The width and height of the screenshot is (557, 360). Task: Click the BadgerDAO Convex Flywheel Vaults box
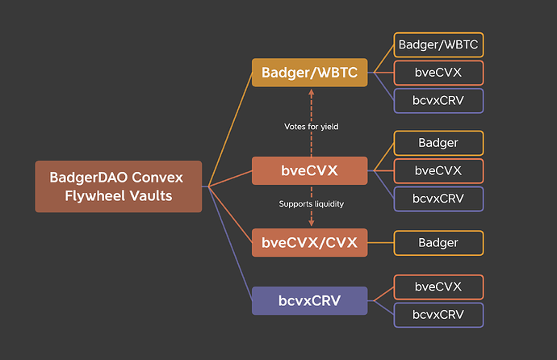click(118, 186)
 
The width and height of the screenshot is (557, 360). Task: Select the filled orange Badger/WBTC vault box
click(310, 73)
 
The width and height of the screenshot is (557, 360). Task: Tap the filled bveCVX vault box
click(310, 171)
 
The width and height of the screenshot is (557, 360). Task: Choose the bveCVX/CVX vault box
click(310, 242)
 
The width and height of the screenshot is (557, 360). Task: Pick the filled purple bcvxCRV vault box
click(310, 300)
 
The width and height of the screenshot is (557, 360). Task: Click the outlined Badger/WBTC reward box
click(438, 44)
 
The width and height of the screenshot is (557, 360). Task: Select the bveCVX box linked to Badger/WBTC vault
click(438, 73)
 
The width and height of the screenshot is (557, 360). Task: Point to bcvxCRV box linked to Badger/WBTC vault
click(438, 101)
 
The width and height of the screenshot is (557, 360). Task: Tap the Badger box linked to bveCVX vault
click(438, 143)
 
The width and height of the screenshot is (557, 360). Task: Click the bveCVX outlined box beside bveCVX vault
click(438, 170)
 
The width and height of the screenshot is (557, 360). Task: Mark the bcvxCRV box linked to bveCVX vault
click(438, 199)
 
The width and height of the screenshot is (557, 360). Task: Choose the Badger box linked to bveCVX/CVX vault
click(438, 242)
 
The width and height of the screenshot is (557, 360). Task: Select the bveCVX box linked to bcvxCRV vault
click(438, 287)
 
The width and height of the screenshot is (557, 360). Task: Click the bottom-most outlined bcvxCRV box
click(438, 314)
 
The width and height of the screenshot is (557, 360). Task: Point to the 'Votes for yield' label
click(311, 127)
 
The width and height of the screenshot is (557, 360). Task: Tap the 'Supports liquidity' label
click(311, 204)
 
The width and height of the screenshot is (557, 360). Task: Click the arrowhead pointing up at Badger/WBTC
click(311, 94)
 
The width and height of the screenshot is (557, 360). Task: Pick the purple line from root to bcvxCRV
click(230, 242)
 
